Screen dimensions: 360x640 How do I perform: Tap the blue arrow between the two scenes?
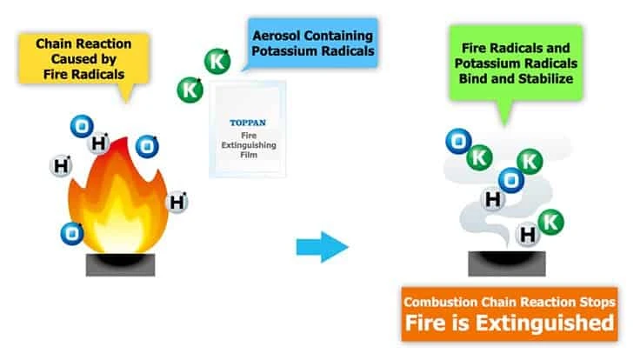click(322, 247)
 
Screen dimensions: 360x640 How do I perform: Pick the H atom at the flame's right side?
click(177, 203)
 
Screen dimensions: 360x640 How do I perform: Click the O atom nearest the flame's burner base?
click(70, 232)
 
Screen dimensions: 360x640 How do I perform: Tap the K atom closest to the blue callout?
click(217, 63)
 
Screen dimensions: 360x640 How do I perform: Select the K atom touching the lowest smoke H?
click(550, 223)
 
